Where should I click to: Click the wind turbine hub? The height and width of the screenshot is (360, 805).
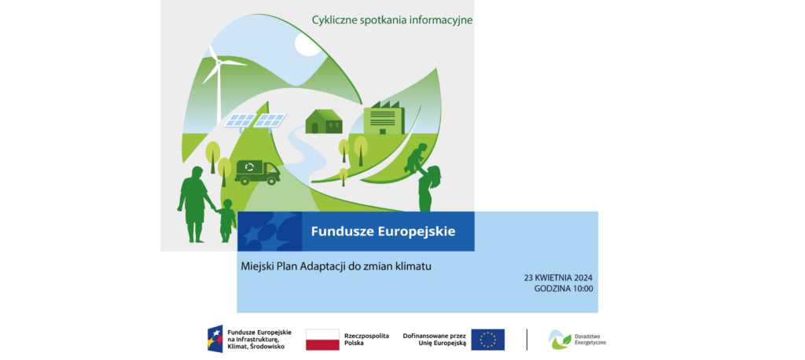219,63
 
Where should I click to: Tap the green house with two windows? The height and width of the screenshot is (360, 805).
323,121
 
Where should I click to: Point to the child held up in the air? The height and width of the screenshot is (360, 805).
416,158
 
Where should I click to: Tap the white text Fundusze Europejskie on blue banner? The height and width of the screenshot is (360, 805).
383,231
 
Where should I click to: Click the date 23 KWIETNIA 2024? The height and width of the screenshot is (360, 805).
558,277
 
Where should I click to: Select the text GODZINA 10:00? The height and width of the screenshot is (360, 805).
563,288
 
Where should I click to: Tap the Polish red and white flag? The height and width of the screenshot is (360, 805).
322,340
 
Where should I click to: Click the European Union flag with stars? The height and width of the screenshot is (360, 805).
487,340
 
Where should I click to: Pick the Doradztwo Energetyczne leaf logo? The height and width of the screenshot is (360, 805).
559,340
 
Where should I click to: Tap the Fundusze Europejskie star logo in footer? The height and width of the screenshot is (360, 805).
215,339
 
